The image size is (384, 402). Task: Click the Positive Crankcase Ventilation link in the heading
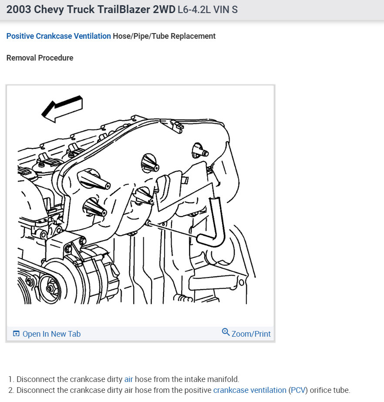(x=58, y=36)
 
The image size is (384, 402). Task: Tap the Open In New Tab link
(x=51, y=334)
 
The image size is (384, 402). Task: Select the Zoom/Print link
(x=251, y=334)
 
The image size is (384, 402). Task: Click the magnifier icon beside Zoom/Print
(x=226, y=332)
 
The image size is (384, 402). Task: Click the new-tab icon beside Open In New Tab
(x=16, y=334)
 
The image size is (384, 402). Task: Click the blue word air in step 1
(x=128, y=379)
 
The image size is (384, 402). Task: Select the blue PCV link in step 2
(x=298, y=390)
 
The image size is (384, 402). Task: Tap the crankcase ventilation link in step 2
(x=249, y=390)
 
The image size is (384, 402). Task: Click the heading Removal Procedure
(x=40, y=58)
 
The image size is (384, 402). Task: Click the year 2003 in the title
(x=19, y=10)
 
